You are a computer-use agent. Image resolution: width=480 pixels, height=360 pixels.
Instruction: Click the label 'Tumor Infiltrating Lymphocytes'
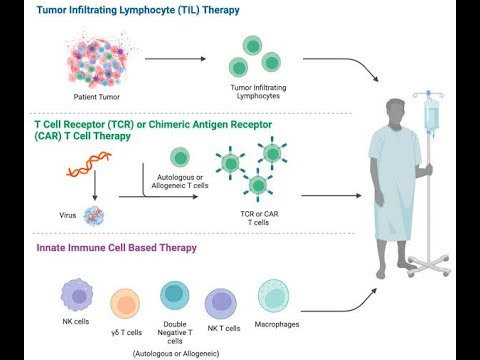[252, 91]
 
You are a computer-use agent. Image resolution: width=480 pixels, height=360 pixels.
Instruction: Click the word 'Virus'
[68, 214]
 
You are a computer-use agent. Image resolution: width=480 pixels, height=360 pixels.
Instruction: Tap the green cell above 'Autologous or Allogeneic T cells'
[179, 157]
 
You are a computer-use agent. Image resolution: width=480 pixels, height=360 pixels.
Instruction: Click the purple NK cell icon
[77, 297]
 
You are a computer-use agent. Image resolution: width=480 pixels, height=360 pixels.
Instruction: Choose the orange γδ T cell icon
[126, 303]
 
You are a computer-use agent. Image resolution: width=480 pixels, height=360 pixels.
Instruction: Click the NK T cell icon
[222, 303]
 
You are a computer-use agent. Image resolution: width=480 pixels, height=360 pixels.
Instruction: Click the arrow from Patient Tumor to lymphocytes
[177, 59]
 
